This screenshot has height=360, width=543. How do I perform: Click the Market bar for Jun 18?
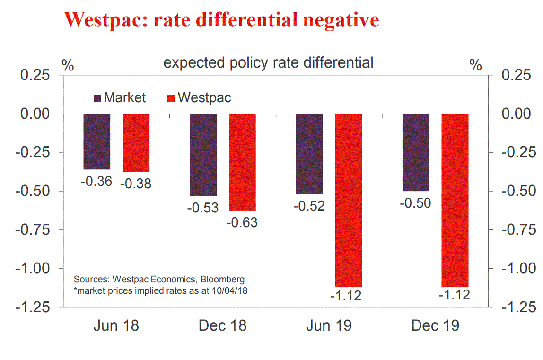97,141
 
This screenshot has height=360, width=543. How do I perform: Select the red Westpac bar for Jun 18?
136,142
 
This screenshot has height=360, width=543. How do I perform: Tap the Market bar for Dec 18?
203,155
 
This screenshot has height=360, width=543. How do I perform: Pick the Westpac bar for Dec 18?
242,162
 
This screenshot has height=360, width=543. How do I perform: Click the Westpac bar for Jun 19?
349,200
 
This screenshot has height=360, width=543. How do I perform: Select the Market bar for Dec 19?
416,152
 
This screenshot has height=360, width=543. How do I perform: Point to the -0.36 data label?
97,181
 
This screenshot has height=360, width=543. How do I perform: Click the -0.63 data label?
242,222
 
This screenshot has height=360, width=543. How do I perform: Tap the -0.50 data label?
416,203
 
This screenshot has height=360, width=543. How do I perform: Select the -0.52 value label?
309,206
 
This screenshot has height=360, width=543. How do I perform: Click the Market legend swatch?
97,98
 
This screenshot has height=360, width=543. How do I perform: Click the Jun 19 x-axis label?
329,326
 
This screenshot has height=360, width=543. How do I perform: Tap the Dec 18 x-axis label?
222,326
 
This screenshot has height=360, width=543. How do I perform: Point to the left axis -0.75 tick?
33,230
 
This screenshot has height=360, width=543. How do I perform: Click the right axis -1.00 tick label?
518,269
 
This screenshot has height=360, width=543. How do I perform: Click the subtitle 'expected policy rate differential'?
268,63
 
